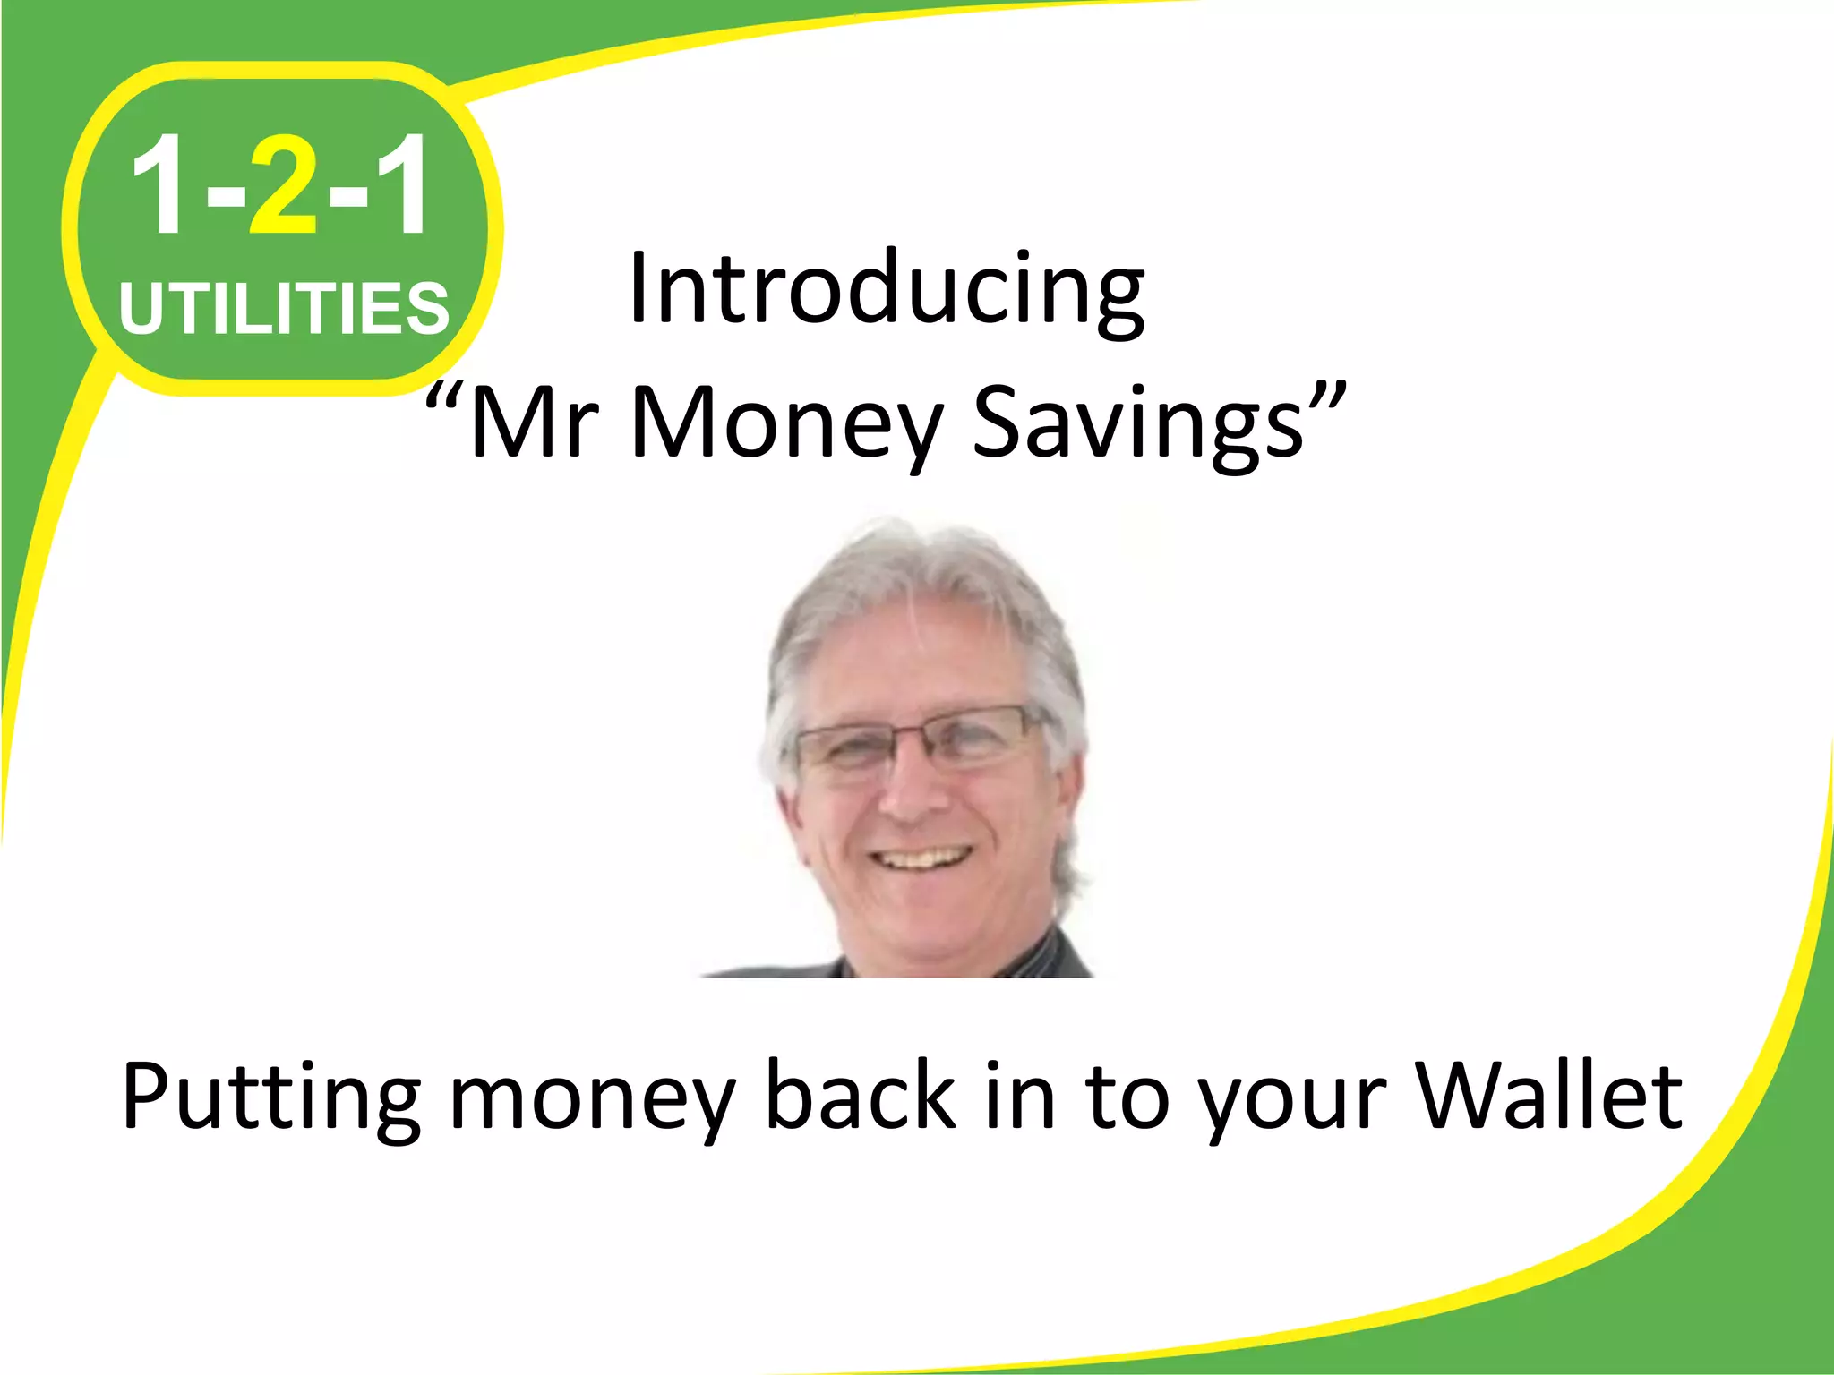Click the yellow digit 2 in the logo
pos(284,185)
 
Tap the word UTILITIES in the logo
pos(284,309)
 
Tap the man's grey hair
pos(922,573)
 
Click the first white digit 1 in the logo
pos(159,185)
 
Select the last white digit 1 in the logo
pos(400,185)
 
